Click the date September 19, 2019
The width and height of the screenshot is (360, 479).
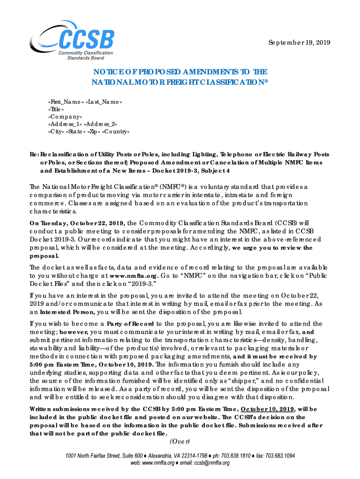(299, 43)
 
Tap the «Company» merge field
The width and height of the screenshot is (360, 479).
(65, 116)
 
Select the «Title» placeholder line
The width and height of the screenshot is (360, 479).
(57, 109)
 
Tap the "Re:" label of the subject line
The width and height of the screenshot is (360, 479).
(34, 154)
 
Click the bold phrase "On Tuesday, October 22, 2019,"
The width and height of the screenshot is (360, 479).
(77, 223)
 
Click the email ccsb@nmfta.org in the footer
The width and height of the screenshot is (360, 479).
(209, 463)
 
